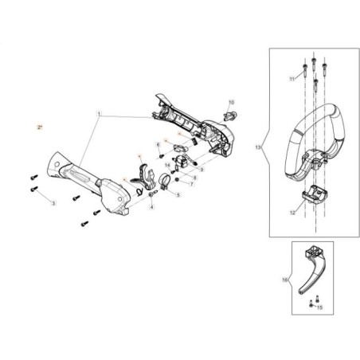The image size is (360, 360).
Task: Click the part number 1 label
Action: pos(100,115)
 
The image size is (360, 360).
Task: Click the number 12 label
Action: pos(292,213)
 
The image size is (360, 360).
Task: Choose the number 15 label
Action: pos(319,306)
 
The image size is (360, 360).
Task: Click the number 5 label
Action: pos(178,194)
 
